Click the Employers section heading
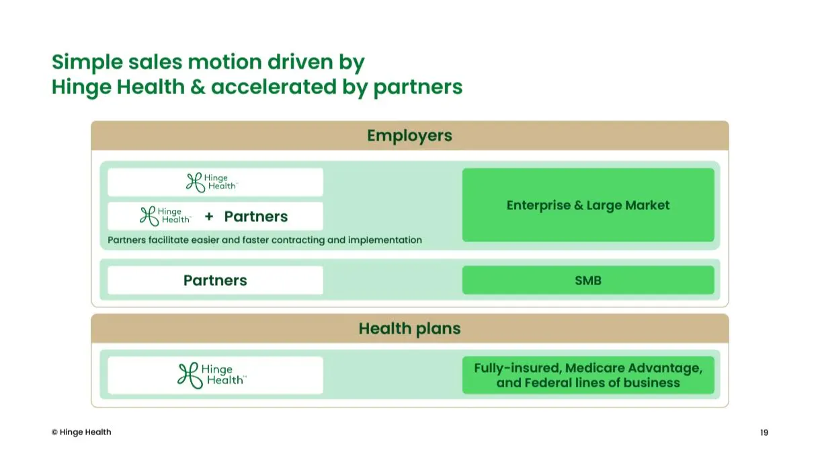pos(409,136)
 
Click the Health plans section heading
pos(409,328)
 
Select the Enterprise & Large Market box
pos(588,205)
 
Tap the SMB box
pos(588,280)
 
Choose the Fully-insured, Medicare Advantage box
pos(588,375)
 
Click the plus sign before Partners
pos(209,217)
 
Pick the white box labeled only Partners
pos(215,280)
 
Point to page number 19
pos(764,432)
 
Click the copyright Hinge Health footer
pos(81,432)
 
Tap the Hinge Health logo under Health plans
pos(212,375)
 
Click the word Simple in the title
pos(87,63)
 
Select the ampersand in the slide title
pos(198,87)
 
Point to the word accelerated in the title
pos(274,87)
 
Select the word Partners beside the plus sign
pos(256,217)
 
